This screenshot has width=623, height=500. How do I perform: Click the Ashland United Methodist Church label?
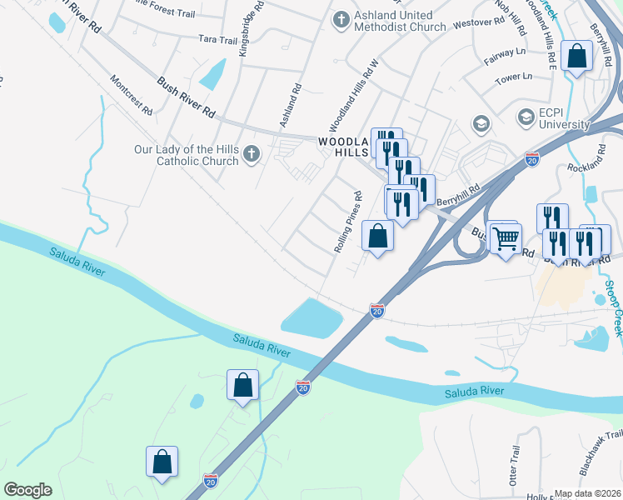[x=393, y=21]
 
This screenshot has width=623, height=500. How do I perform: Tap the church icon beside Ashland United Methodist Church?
[x=340, y=19]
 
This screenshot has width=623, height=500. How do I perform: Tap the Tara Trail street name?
[x=219, y=39]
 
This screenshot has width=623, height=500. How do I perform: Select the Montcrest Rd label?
[x=131, y=95]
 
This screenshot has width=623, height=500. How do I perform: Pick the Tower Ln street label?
[x=514, y=77]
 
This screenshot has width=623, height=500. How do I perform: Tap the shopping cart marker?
[x=506, y=239]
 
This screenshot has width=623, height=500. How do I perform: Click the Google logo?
[x=28, y=490]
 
